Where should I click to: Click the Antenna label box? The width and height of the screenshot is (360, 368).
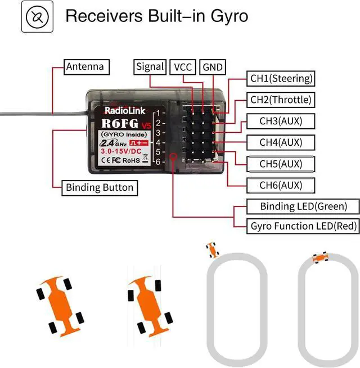coord(85,66)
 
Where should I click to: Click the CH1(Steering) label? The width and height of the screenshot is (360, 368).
coord(281,79)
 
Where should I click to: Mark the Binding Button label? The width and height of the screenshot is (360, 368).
coord(100,187)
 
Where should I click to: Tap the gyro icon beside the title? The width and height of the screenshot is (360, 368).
coord(37,16)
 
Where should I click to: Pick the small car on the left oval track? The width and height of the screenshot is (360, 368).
coord(212,249)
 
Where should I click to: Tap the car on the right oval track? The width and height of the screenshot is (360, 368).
coord(321,257)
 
